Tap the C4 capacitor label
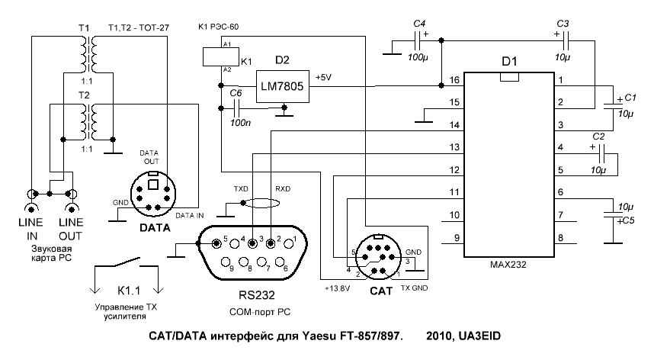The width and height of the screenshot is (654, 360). [418, 24]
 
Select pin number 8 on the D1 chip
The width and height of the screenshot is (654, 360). [560, 238]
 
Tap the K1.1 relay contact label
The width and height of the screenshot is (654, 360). [124, 291]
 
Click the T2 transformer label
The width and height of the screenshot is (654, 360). [83, 93]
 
